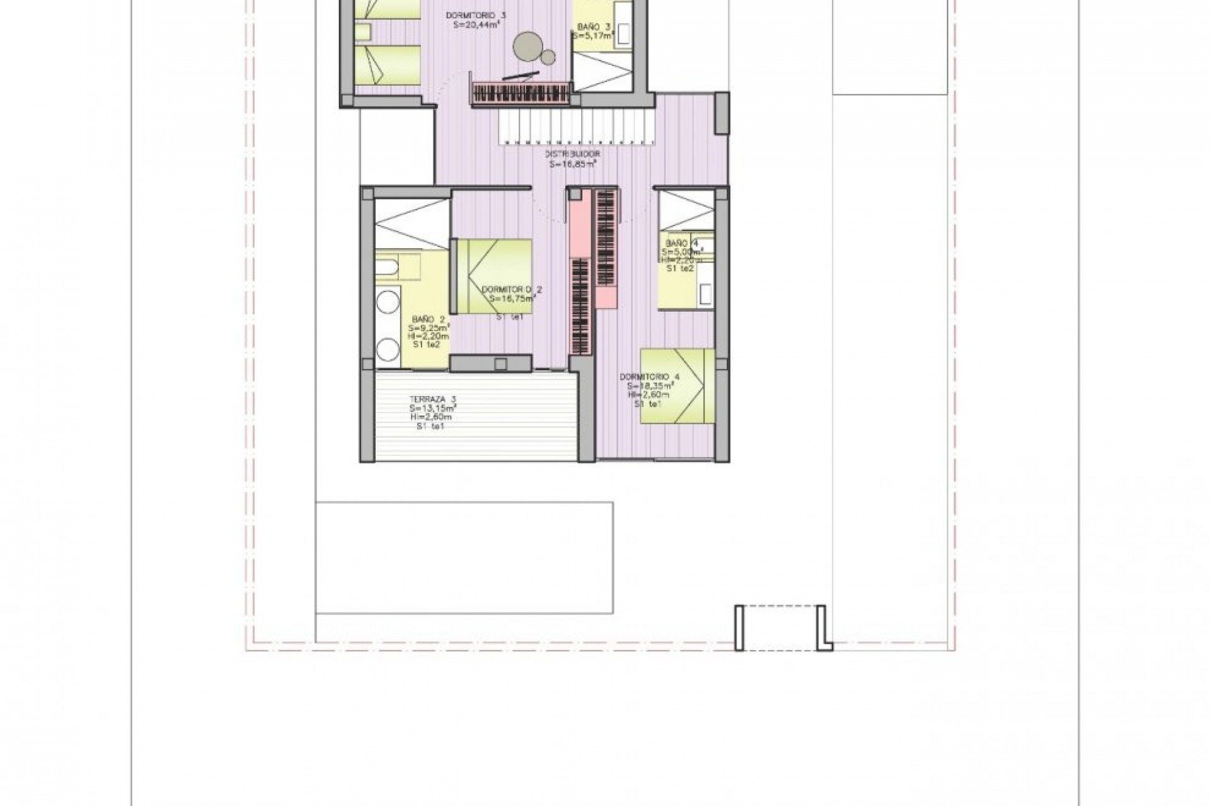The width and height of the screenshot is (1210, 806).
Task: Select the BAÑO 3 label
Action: point(594,27)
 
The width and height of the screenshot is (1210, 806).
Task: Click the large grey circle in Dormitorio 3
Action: point(526,46)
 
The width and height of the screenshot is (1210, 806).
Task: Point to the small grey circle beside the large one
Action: point(548,57)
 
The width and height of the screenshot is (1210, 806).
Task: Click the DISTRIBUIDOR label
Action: point(573,154)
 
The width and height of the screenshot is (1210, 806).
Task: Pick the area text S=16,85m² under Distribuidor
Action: point(573,164)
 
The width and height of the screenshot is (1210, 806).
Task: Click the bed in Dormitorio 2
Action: point(494,276)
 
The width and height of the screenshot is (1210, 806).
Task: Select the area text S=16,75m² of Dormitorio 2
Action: point(512,300)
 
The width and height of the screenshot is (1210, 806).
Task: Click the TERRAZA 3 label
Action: point(432,399)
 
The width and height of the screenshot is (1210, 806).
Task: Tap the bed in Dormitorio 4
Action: point(678,386)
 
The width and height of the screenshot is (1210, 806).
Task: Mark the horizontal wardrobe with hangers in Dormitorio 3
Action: point(521,94)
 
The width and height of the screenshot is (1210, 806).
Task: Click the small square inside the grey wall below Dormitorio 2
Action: point(501,363)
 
